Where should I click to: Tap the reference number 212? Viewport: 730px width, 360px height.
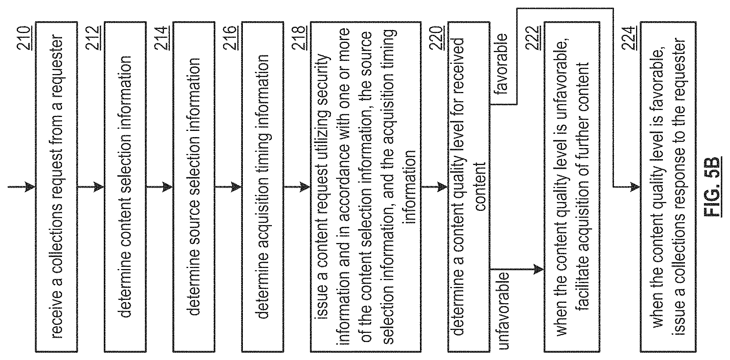[x=93, y=38]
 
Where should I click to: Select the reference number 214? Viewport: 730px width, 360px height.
[x=162, y=38]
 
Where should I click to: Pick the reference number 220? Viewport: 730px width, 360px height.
[x=437, y=38]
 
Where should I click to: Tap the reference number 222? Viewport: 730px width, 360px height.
[x=533, y=38]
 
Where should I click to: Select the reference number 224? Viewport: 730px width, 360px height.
[x=629, y=38]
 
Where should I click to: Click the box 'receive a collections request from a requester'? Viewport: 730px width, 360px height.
[x=56, y=187]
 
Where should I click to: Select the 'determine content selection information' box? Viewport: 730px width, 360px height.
[x=125, y=187]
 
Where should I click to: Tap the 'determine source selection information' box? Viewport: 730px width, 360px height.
[x=194, y=187]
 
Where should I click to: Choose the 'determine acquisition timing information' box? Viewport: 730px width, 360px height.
[x=263, y=187]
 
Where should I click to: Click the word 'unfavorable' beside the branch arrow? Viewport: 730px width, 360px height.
[x=503, y=310]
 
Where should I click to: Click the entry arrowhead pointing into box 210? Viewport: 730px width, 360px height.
[x=31, y=187]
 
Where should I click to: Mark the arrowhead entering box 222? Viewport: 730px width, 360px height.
[x=539, y=269]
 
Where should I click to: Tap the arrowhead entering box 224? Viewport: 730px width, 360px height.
[x=635, y=187]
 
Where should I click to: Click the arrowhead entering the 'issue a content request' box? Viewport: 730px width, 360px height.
[x=305, y=187]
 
